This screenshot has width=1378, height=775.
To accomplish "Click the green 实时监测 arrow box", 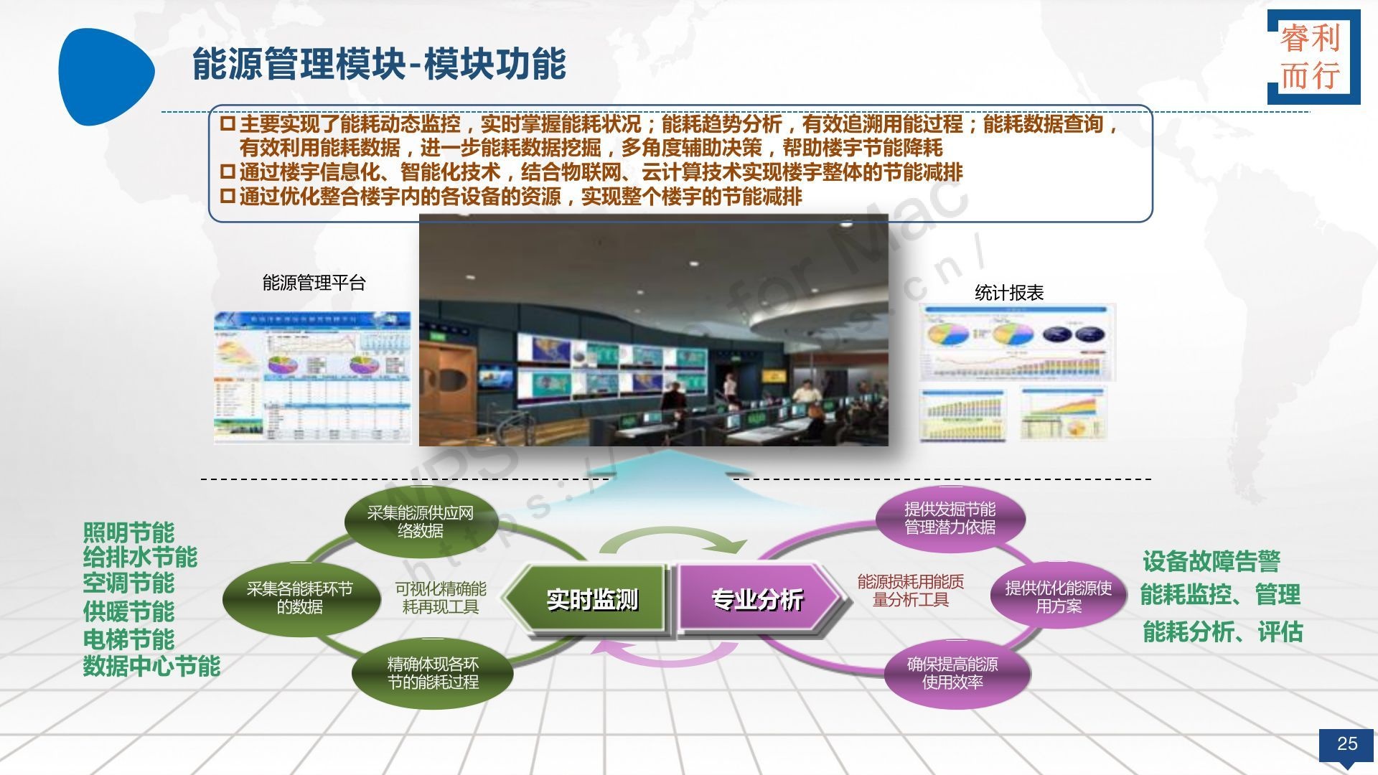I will coord(590,599).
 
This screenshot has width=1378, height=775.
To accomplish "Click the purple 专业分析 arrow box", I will coord(756,599).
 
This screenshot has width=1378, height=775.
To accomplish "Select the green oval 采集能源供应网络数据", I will coord(420,522).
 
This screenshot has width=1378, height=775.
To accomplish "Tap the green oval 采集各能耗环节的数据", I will coord(300,598).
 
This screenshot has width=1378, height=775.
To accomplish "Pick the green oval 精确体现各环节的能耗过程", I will coord(432,673).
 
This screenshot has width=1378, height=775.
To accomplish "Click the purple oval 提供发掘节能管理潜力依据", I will coord(950,518).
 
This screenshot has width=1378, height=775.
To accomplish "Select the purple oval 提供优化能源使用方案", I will coord(1058,597).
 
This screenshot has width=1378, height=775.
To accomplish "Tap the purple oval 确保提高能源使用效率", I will coord(952,673).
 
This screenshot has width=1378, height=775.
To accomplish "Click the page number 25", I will coord(1346,743).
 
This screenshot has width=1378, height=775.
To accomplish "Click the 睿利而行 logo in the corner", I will coord(1313,57).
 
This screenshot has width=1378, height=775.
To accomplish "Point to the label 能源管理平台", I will coord(314,283).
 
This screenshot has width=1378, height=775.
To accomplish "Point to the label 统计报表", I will coord(1008,293).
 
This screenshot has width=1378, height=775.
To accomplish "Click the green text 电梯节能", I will coord(128,639).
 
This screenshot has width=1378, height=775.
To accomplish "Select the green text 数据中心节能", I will coord(151,666).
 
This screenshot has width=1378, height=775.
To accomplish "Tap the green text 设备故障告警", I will coord(1211,560).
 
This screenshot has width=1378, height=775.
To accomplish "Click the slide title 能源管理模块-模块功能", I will coord(379,65).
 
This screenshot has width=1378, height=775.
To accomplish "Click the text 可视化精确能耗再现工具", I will coord(440,598).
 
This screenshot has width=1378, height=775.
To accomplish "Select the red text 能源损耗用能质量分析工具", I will coord(910,591).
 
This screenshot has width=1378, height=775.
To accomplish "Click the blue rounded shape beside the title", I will coord(104,75).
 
